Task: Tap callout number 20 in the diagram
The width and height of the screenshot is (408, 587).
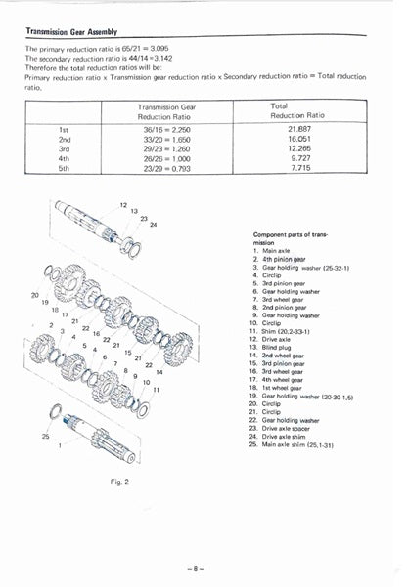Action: (x=35, y=295)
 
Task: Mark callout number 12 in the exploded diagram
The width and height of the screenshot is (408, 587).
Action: (x=123, y=206)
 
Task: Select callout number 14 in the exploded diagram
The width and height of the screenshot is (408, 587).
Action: (x=159, y=372)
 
